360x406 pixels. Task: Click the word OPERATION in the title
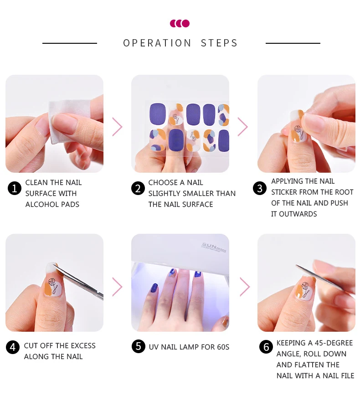(x=157, y=43)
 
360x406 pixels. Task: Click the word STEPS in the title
(x=219, y=43)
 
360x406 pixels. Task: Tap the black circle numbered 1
(x=15, y=188)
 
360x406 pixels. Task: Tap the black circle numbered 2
(x=138, y=188)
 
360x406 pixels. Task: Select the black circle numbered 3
(x=260, y=188)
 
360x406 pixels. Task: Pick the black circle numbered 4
(x=13, y=347)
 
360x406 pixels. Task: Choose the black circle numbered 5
(x=138, y=346)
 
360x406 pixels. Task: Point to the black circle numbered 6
(x=266, y=347)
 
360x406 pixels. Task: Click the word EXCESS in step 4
(x=82, y=346)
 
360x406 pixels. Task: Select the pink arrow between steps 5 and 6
(x=245, y=287)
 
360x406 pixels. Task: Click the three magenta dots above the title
(x=180, y=23)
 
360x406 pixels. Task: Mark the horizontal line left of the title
(x=69, y=43)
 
